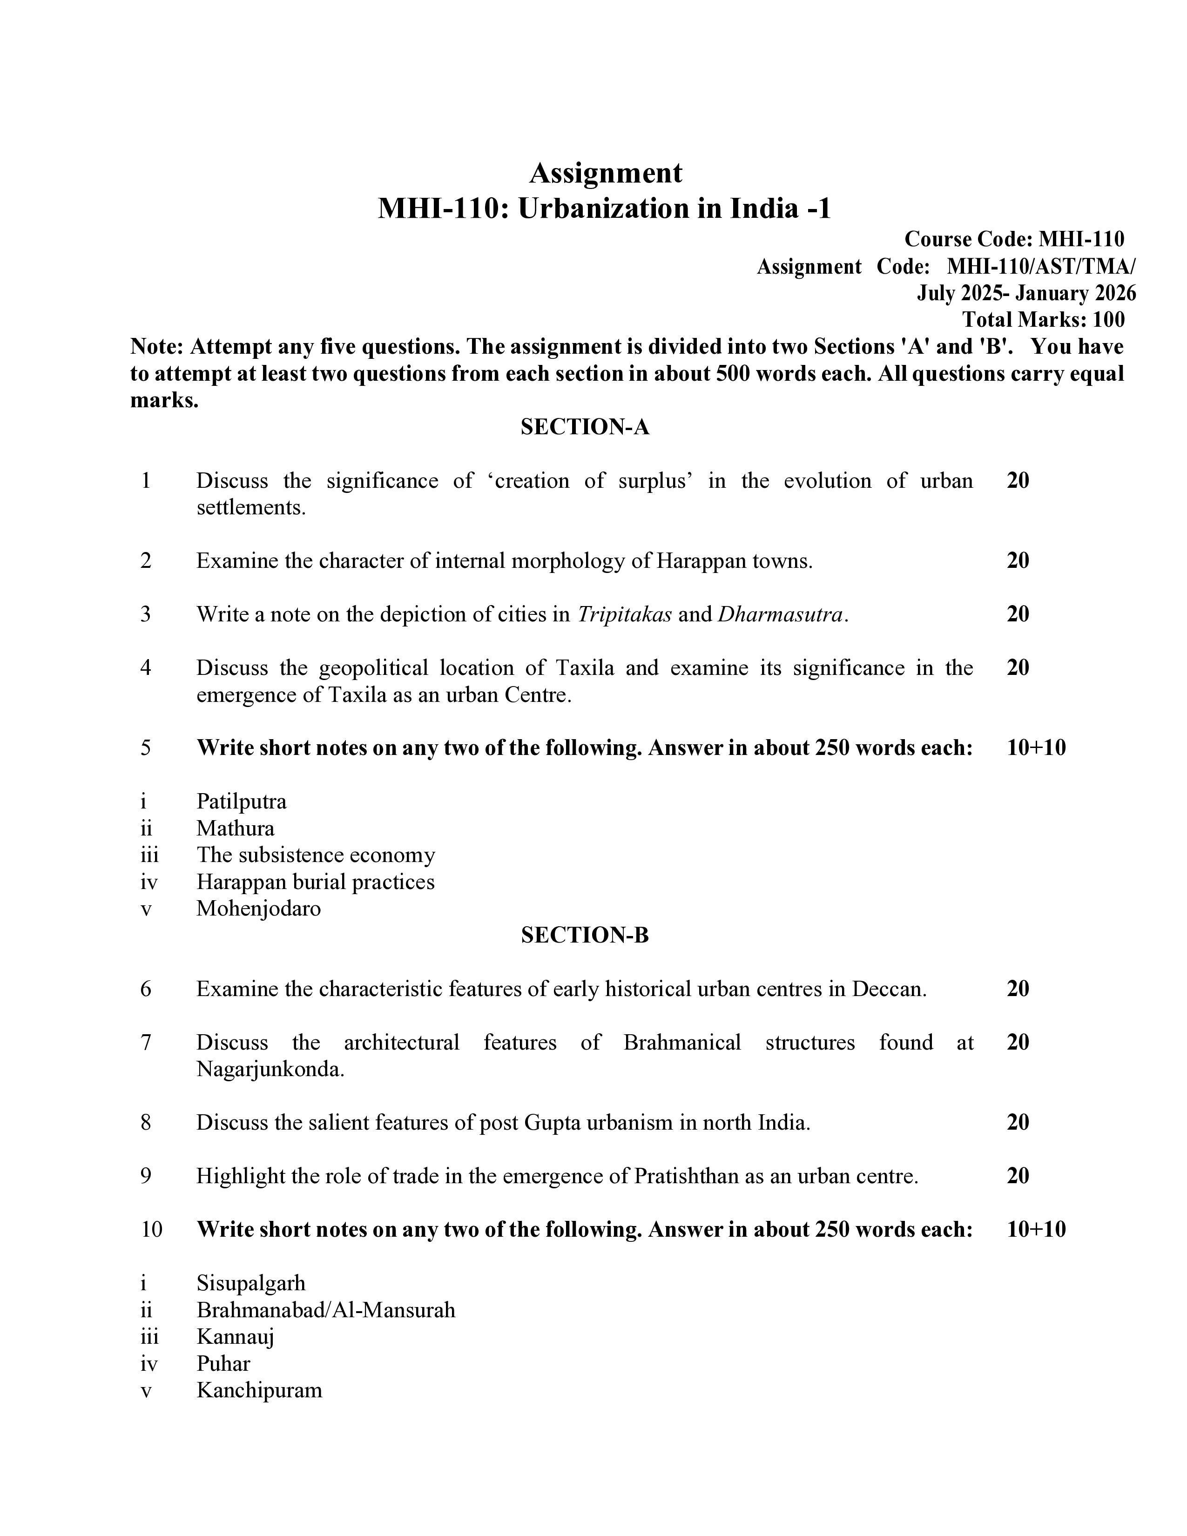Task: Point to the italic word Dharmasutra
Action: pyautogui.click(x=779, y=615)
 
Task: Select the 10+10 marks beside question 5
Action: pyautogui.click(x=1036, y=747)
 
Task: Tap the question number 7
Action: pyautogui.click(x=146, y=1042)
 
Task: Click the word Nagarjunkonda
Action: pyautogui.click(x=270, y=1069)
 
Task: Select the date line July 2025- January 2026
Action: pyautogui.click(x=1025, y=293)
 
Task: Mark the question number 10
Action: pyautogui.click(x=151, y=1229)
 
